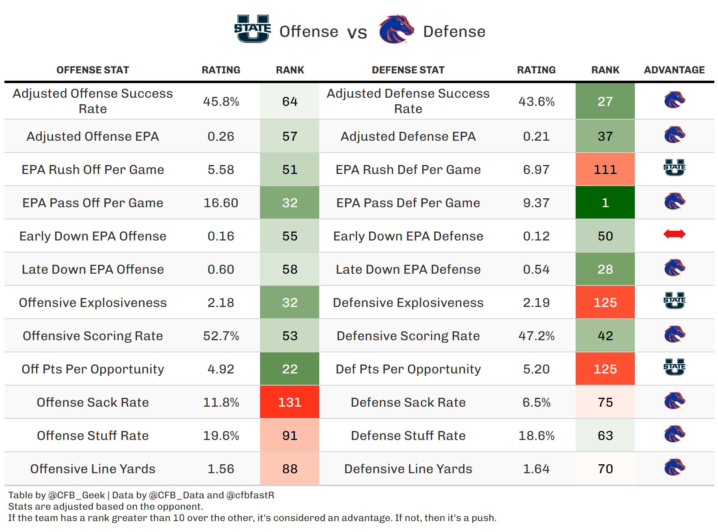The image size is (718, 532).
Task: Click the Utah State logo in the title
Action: tap(252, 29)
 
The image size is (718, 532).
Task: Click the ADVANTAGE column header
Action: tap(674, 70)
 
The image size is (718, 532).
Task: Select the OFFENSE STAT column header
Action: tap(92, 70)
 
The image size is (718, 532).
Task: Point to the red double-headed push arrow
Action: tap(674, 234)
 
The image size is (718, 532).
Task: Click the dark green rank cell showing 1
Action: tap(605, 203)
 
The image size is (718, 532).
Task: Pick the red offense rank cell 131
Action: tap(290, 402)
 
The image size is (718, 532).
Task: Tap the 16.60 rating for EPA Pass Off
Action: tap(221, 203)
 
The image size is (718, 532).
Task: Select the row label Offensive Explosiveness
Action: tap(92, 302)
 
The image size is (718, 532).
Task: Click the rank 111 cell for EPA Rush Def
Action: tap(605, 169)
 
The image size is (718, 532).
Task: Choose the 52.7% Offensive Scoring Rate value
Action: tap(221, 336)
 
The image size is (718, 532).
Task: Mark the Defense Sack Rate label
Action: tap(408, 402)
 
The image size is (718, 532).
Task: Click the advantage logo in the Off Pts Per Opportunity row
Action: tap(674, 367)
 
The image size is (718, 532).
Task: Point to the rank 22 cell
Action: tap(290, 369)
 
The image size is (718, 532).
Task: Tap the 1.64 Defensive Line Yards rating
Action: tap(536, 469)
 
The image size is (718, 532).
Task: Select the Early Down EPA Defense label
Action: tap(408, 236)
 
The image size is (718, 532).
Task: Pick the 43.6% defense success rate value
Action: tap(536, 101)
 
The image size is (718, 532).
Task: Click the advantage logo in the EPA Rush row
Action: tap(674, 168)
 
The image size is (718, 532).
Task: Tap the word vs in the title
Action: tap(357, 32)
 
